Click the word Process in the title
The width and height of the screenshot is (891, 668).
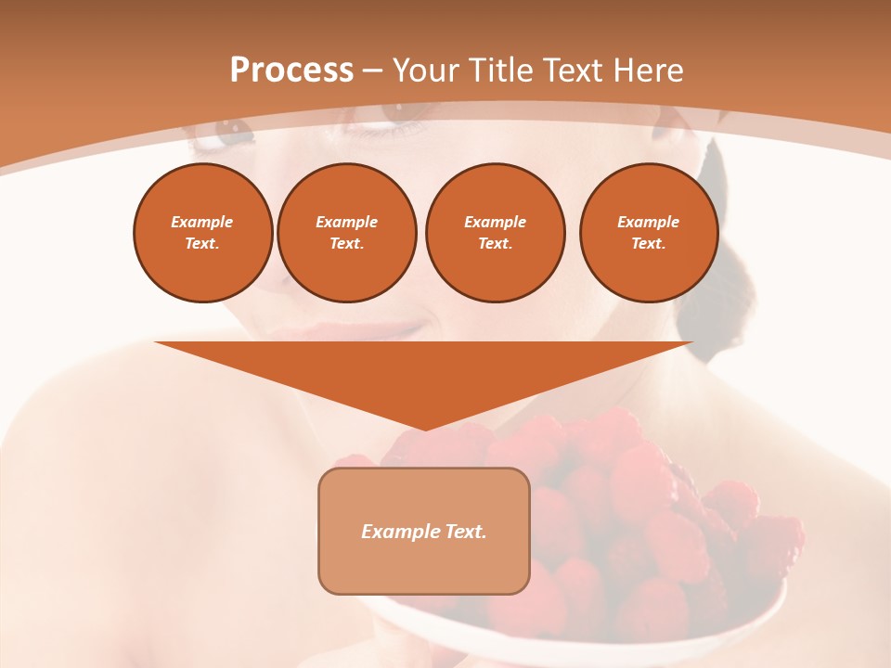coord(291,71)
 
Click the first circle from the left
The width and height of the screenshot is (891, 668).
coord(202,233)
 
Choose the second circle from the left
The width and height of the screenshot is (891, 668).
coord(346,233)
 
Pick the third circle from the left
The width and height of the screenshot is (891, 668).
coord(495,233)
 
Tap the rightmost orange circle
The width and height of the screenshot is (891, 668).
coord(648,233)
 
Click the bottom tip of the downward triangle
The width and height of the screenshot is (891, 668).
coord(424,429)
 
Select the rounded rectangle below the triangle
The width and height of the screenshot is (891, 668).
coord(424,566)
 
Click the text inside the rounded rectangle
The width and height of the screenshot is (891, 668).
coord(424,532)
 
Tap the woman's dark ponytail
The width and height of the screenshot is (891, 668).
coord(715,278)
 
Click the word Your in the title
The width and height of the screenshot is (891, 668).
coord(428,71)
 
